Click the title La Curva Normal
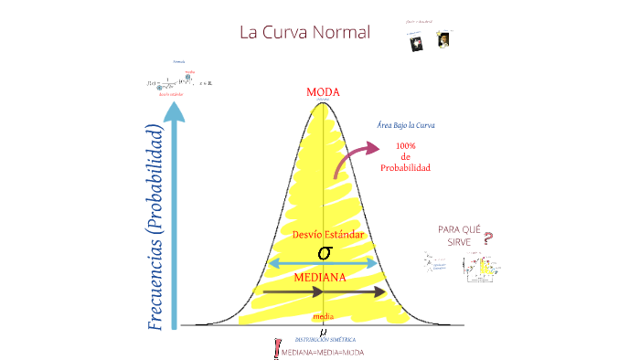point(304,32)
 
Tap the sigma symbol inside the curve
point(323,251)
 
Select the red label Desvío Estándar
point(327,235)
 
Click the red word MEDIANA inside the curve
point(319,277)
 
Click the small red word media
point(323,315)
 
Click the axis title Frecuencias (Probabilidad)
point(156,227)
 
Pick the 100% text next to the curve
point(406,145)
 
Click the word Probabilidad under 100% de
point(406,167)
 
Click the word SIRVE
point(459,243)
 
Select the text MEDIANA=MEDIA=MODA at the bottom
point(321,352)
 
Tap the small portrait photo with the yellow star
point(443,40)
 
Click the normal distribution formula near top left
point(179,83)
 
